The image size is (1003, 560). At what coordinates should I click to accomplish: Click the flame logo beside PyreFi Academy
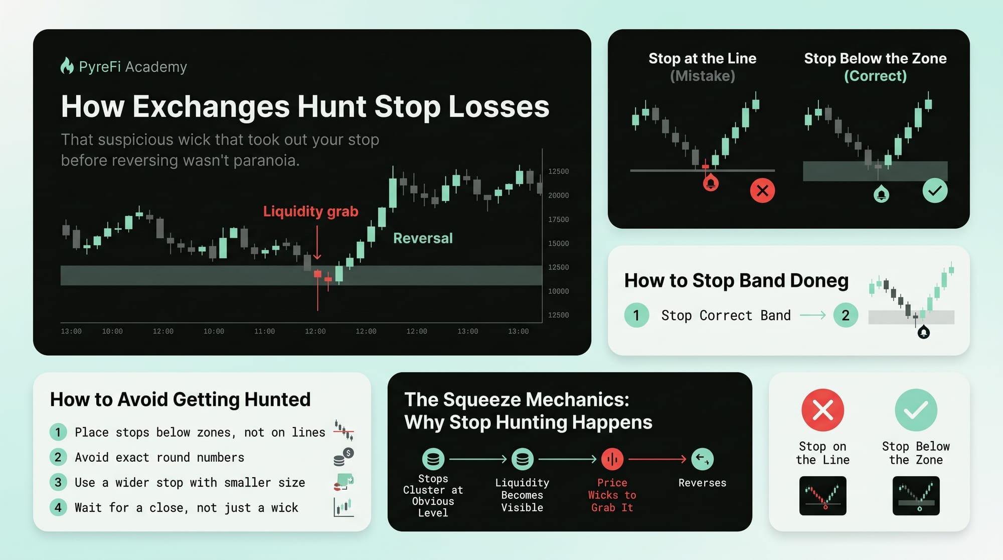67,66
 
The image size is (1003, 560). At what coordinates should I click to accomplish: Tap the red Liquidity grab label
310,211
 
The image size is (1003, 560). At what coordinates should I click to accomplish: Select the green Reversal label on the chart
423,238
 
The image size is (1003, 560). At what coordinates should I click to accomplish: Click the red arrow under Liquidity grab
317,242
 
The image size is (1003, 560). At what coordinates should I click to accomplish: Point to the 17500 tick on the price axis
558,219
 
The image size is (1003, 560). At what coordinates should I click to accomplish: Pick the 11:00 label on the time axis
264,331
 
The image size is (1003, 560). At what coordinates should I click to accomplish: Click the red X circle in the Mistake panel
762,191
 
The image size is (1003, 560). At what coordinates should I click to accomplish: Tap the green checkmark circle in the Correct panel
935,191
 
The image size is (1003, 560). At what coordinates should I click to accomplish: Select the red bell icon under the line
711,183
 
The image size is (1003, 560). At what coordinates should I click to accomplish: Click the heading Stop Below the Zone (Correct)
875,67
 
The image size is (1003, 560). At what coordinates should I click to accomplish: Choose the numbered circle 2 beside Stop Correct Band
846,315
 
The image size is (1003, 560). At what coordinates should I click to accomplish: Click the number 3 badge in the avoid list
58,482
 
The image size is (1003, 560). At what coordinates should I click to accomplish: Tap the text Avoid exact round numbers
159,457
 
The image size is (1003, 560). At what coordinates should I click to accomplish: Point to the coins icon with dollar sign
344,457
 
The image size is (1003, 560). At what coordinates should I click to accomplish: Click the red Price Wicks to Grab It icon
612,459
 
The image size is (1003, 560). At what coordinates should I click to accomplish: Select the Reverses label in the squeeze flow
702,483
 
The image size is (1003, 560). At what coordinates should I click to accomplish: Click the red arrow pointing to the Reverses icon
657,459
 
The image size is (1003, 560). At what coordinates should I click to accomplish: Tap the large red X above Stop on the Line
822,410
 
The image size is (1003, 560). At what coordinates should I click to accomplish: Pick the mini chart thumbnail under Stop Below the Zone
916,496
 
